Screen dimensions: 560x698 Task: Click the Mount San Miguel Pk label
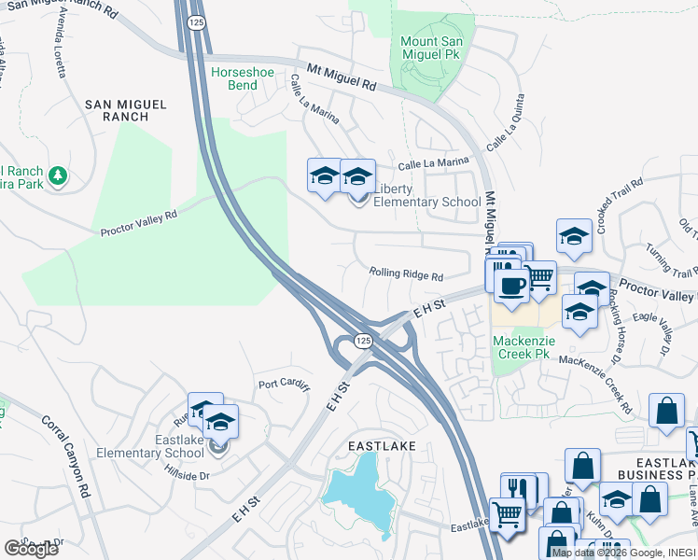pos(431,49)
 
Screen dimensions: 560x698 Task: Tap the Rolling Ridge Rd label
pos(405,274)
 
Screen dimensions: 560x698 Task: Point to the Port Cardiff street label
pos(284,384)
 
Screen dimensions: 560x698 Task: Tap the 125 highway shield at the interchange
pos(363,343)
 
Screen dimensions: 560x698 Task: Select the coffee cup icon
pos(511,285)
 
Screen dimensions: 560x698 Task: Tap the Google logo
pos(31,548)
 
